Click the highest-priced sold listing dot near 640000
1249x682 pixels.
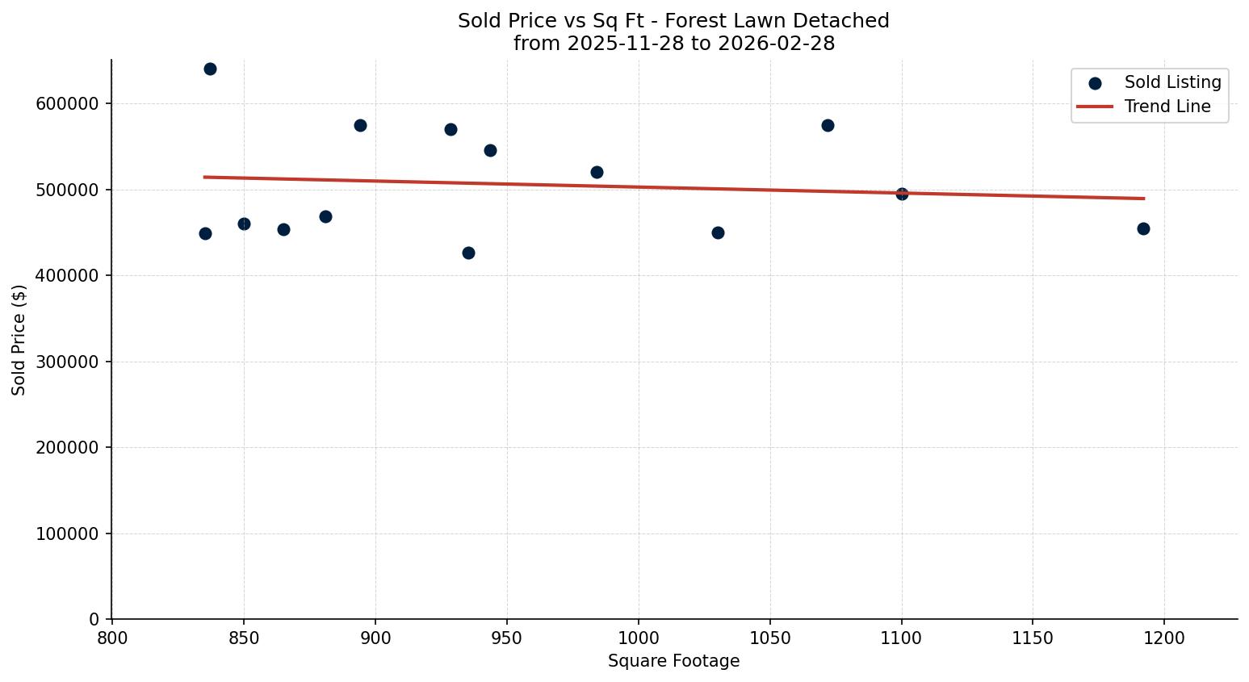point(210,69)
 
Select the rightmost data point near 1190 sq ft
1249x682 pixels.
point(1143,228)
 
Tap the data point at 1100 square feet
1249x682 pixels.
point(902,194)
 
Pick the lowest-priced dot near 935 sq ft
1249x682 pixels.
point(468,253)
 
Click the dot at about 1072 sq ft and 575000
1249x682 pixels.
point(828,125)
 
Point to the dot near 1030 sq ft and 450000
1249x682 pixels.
point(718,232)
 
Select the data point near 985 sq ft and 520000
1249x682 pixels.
point(597,172)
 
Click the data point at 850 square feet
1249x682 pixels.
point(244,224)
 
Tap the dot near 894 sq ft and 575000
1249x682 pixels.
point(360,125)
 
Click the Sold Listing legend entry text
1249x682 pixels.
point(1172,82)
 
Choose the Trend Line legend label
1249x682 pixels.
point(1167,107)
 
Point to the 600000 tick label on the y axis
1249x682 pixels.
point(67,104)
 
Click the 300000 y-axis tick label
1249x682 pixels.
point(67,362)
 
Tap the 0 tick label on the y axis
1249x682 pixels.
point(94,620)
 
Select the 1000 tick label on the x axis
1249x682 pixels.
point(638,638)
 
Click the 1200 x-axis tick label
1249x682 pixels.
point(1164,638)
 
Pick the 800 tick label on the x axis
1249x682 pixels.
point(111,638)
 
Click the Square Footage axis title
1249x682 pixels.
point(673,661)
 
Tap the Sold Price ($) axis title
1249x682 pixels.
point(19,340)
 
